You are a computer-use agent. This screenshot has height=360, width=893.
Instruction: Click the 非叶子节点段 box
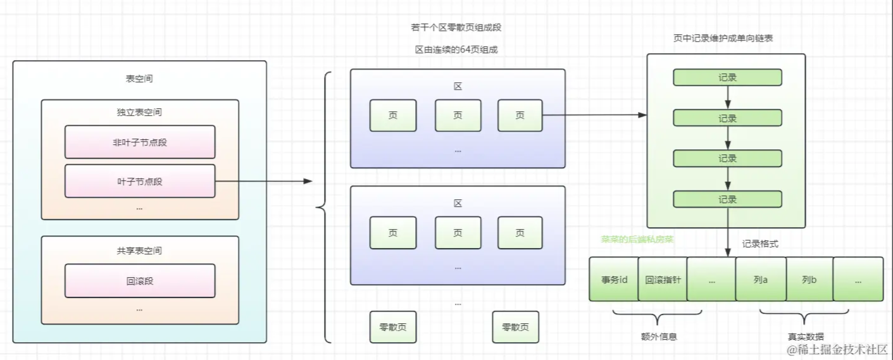140,142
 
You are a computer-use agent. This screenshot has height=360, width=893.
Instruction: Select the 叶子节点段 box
140,182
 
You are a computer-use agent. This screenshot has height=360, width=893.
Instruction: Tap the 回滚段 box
140,281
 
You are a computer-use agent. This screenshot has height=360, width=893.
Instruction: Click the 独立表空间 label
139,113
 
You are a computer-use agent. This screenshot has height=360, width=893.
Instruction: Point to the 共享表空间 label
139,251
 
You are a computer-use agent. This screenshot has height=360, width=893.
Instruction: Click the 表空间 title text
139,79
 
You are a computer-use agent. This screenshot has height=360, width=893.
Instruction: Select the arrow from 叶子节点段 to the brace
263,182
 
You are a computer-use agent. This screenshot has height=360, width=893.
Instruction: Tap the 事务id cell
613,279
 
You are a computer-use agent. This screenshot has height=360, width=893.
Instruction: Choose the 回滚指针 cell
662,279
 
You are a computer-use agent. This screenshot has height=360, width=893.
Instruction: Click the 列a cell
760,279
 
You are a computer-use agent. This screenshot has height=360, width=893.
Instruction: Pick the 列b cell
809,279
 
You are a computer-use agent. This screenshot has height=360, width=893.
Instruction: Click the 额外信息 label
659,337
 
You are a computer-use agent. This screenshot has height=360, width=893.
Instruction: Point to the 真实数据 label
806,337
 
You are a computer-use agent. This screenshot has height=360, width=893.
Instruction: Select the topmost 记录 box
727,77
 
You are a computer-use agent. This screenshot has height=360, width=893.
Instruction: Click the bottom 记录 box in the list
727,199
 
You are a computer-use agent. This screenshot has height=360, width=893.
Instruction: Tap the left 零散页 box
393,327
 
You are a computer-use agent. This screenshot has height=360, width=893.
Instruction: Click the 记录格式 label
760,244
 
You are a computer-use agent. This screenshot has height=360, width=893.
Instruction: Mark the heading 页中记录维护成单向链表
723,38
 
